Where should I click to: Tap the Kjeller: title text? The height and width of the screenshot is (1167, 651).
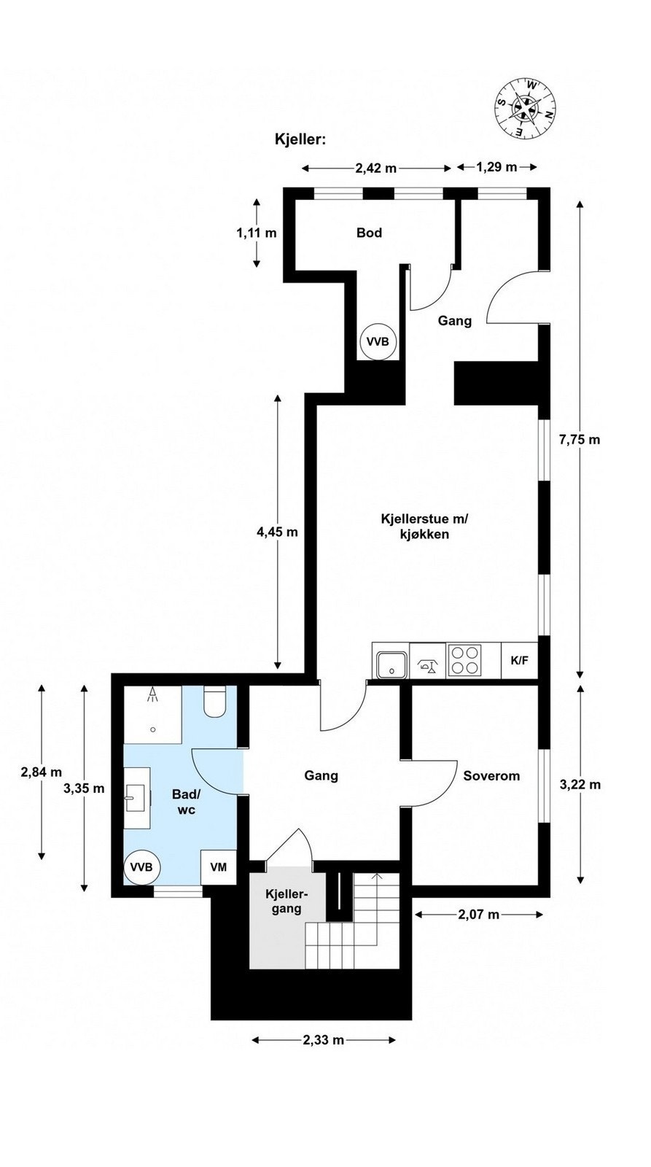click(x=299, y=139)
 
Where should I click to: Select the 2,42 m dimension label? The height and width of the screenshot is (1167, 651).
click(x=376, y=168)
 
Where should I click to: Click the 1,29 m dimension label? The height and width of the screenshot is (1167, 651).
click(x=496, y=168)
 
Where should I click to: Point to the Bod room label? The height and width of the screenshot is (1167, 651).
click(x=369, y=233)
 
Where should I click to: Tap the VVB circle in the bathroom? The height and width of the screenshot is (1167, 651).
click(x=141, y=867)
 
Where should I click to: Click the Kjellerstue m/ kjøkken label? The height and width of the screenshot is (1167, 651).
click(x=424, y=527)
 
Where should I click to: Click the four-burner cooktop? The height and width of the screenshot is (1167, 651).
click(x=465, y=661)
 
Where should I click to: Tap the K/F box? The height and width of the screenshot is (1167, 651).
click(x=520, y=661)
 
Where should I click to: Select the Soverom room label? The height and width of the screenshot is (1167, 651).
click(x=491, y=776)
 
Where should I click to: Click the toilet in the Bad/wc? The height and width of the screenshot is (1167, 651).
click(x=216, y=702)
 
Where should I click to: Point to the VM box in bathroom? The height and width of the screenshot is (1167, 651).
click(x=218, y=867)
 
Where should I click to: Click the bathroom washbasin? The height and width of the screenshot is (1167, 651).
click(x=136, y=797)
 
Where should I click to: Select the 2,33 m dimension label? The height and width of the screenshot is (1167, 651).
click(x=323, y=1040)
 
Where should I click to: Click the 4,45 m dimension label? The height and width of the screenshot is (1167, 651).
click(x=277, y=532)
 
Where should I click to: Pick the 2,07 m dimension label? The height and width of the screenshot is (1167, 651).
click(x=478, y=915)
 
